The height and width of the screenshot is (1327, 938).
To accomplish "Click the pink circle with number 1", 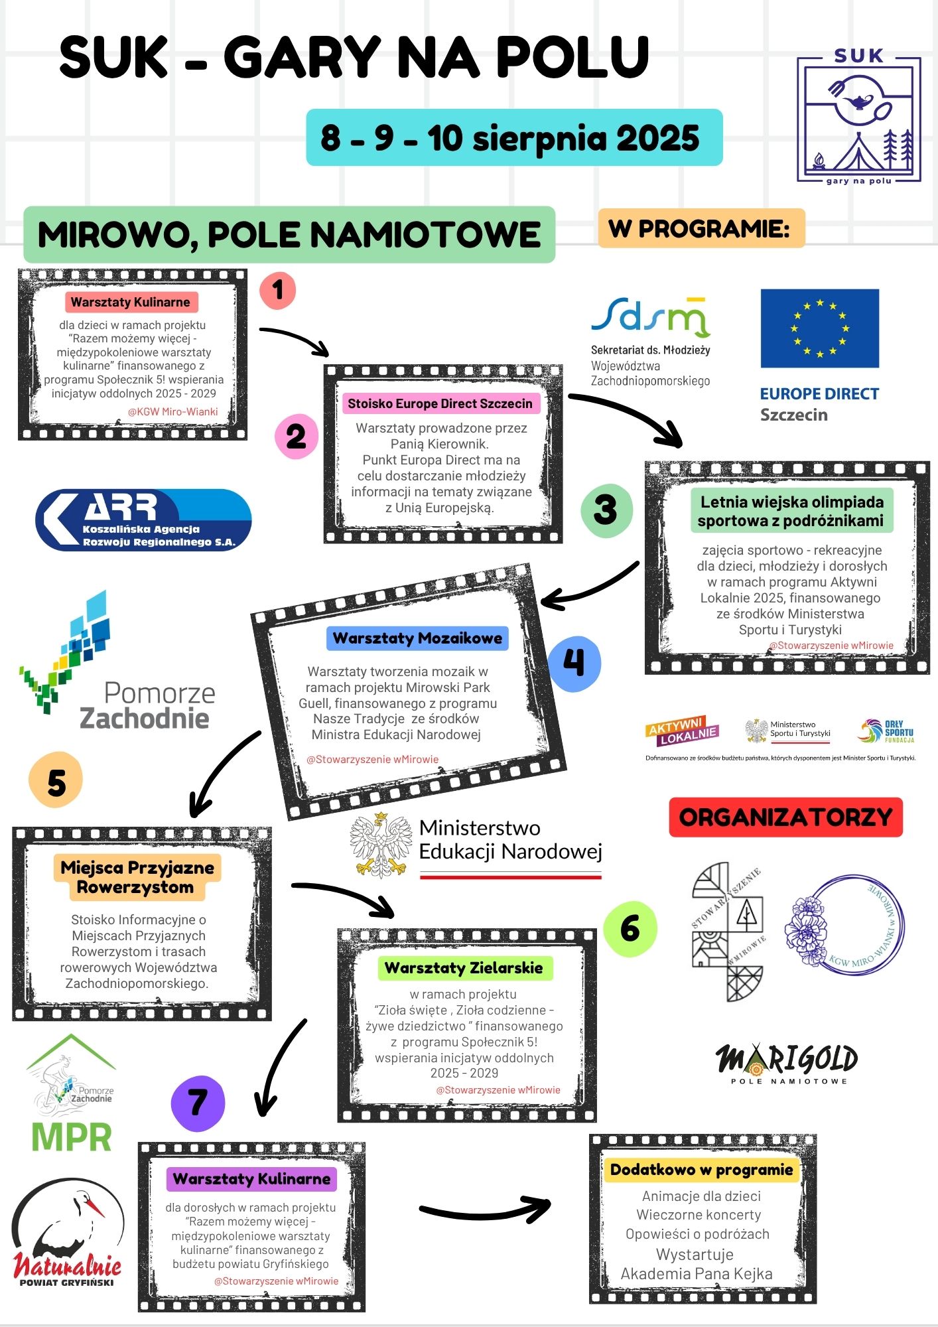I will point(277,290).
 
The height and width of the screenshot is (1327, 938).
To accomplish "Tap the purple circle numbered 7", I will point(198,1103).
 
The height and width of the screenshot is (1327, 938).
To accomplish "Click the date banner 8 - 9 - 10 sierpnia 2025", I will point(513,137).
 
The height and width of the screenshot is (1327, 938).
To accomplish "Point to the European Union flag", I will point(819,328).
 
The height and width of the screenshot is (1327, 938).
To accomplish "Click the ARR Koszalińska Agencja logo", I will point(143,520).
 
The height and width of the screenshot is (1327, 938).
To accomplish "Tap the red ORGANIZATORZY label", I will point(785,817).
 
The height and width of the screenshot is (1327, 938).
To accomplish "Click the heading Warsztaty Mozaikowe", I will point(417,638).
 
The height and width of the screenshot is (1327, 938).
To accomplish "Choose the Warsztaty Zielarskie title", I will point(464,968).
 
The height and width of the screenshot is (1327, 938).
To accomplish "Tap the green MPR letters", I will point(72,1137).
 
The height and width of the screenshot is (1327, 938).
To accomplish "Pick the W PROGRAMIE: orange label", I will point(701,228).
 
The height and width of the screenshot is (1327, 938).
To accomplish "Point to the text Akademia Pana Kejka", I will point(696,1274).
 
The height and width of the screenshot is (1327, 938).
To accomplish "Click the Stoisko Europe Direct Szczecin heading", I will point(440,403).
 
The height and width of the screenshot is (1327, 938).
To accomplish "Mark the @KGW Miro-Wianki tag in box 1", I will point(172,411).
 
